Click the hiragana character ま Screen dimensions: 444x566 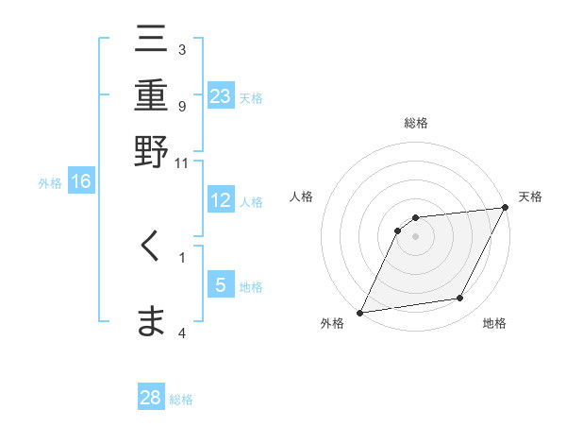(x=152, y=321)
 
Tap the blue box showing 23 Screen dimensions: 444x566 (x=221, y=95)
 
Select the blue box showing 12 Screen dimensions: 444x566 (x=221, y=200)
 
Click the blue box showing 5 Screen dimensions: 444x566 (x=221, y=285)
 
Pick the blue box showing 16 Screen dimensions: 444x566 (x=81, y=181)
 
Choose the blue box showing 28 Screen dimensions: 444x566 (x=151, y=398)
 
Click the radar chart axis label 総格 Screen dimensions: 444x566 (x=416, y=123)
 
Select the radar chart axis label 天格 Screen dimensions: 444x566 (x=530, y=196)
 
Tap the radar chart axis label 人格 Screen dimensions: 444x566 (x=301, y=196)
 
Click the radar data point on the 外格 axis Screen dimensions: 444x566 (x=359, y=313)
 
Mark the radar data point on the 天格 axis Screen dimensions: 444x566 (x=506, y=208)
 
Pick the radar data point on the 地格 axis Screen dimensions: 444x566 (x=460, y=299)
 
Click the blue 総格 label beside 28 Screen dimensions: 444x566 (x=181, y=400)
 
